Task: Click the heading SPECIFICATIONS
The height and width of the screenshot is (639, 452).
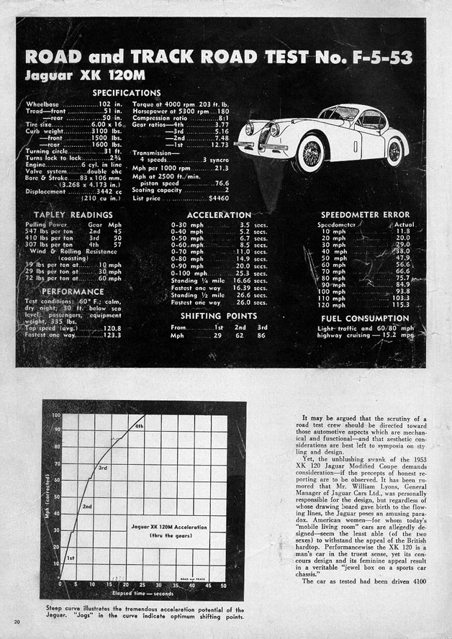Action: (x=126, y=93)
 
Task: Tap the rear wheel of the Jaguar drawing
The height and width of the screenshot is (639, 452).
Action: (x=394, y=151)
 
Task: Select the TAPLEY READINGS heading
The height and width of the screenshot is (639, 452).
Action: (x=73, y=214)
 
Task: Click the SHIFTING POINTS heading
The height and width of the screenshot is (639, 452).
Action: (x=218, y=315)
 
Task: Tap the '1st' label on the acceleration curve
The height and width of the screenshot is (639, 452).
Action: (x=71, y=558)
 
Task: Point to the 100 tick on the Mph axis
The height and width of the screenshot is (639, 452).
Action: (x=55, y=416)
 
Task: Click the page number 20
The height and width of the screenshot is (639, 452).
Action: (x=17, y=620)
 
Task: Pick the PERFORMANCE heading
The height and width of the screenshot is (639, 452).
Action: (x=67, y=292)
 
